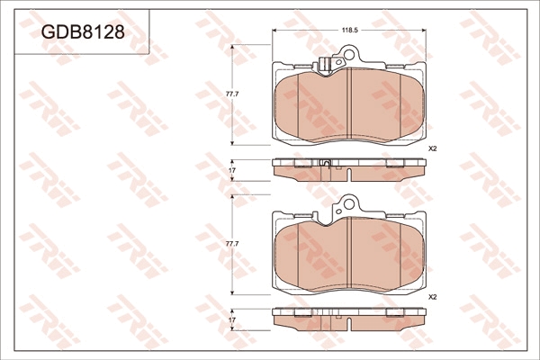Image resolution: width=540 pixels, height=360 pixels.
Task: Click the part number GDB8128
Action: tap(83, 32)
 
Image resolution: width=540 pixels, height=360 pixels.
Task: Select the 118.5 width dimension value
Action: tap(350, 31)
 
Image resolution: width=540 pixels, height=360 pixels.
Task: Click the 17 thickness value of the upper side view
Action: tap(232, 170)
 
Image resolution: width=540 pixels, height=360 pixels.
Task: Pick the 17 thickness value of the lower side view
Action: tap(232, 320)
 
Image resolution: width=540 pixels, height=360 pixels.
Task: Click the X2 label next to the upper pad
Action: tap(432, 149)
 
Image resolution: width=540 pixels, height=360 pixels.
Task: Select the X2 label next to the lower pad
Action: tap(432, 297)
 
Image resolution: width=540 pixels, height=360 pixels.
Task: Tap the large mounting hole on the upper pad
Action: tap(349, 54)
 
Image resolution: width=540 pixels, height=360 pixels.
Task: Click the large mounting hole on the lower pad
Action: tap(349, 204)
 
